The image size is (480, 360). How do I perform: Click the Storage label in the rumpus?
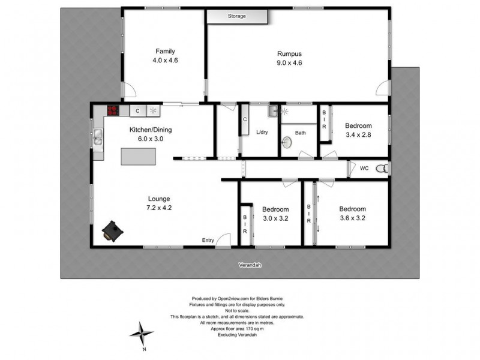tap(236, 16)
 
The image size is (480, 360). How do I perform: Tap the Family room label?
tap(166, 51)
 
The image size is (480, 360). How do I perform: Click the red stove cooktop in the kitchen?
tap(113, 110)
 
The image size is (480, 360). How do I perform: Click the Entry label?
tap(208, 241)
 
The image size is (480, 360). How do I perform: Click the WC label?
tap(364, 169)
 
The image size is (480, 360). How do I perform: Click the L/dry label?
tap(262, 133)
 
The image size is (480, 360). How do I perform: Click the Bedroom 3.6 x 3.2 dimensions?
tap(352, 218)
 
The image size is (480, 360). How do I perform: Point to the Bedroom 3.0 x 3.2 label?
tap(275, 209)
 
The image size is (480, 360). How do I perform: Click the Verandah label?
tap(247, 265)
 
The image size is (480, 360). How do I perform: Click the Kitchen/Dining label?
tap(147, 129)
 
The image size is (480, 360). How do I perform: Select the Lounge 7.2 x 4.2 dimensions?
tap(159, 208)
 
